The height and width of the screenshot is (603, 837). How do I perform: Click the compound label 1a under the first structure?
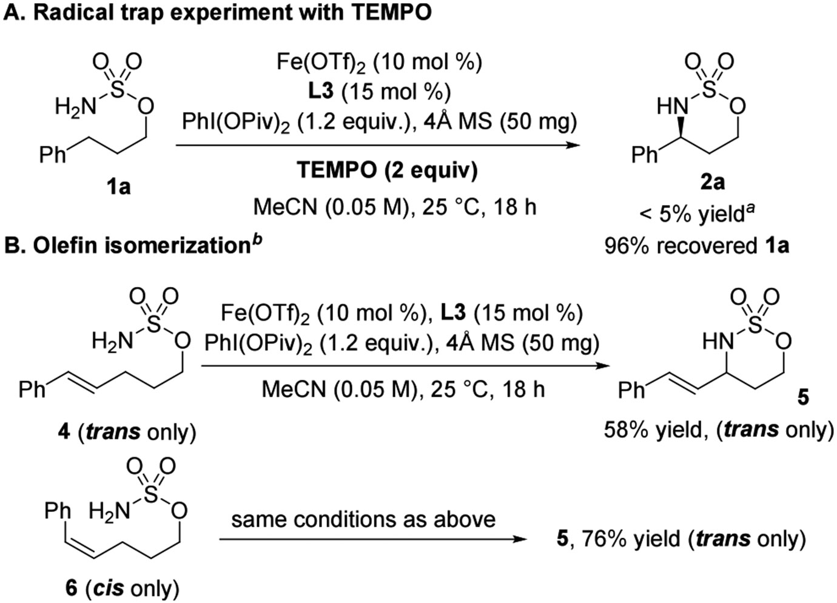pyautogui.click(x=119, y=187)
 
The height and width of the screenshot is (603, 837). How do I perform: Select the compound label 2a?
pyautogui.click(x=710, y=182)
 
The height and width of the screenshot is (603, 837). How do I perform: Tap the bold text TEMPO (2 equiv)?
pyautogui.click(x=387, y=170)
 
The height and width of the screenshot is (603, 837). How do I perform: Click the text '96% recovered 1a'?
pyautogui.click(x=697, y=245)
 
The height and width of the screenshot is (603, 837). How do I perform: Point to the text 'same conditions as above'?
pyautogui.click(x=363, y=519)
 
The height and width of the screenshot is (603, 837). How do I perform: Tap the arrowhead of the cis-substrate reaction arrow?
pyautogui.click(x=522, y=539)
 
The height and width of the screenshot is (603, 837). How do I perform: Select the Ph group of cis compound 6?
pyautogui.click(x=58, y=511)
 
